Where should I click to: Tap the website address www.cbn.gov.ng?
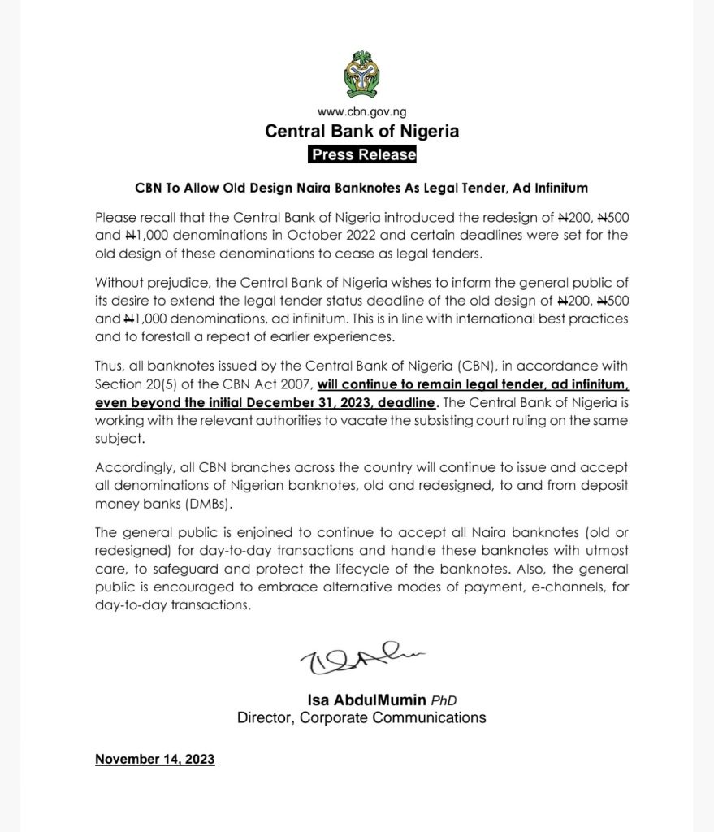tap(361, 112)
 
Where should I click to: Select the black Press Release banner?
tap(362, 154)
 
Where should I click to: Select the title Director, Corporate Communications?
tap(361, 717)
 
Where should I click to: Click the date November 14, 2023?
tap(154, 760)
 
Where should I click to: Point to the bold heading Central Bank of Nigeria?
tap(361, 131)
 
